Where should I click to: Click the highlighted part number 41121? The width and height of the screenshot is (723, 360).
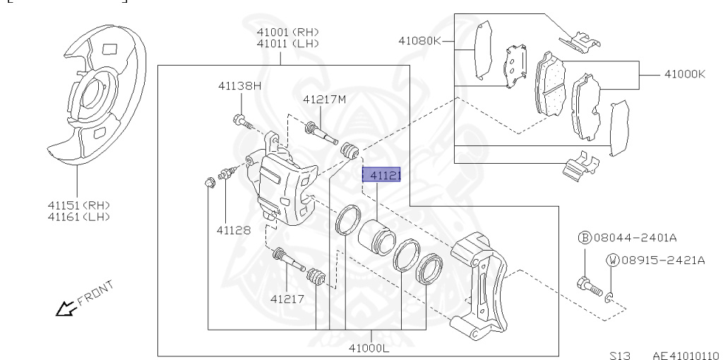(381, 174)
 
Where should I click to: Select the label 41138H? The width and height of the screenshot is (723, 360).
(239, 85)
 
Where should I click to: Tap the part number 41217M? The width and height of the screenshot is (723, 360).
(324, 100)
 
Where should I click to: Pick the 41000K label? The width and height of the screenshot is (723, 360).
(684, 73)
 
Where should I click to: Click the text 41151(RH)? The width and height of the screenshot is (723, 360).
(78, 205)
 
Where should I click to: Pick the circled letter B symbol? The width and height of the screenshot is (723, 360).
(584, 238)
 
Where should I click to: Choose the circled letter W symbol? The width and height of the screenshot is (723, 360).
(611, 260)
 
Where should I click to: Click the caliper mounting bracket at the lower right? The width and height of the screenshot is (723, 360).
(480, 282)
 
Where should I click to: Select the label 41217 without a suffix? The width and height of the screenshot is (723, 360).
(287, 299)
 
